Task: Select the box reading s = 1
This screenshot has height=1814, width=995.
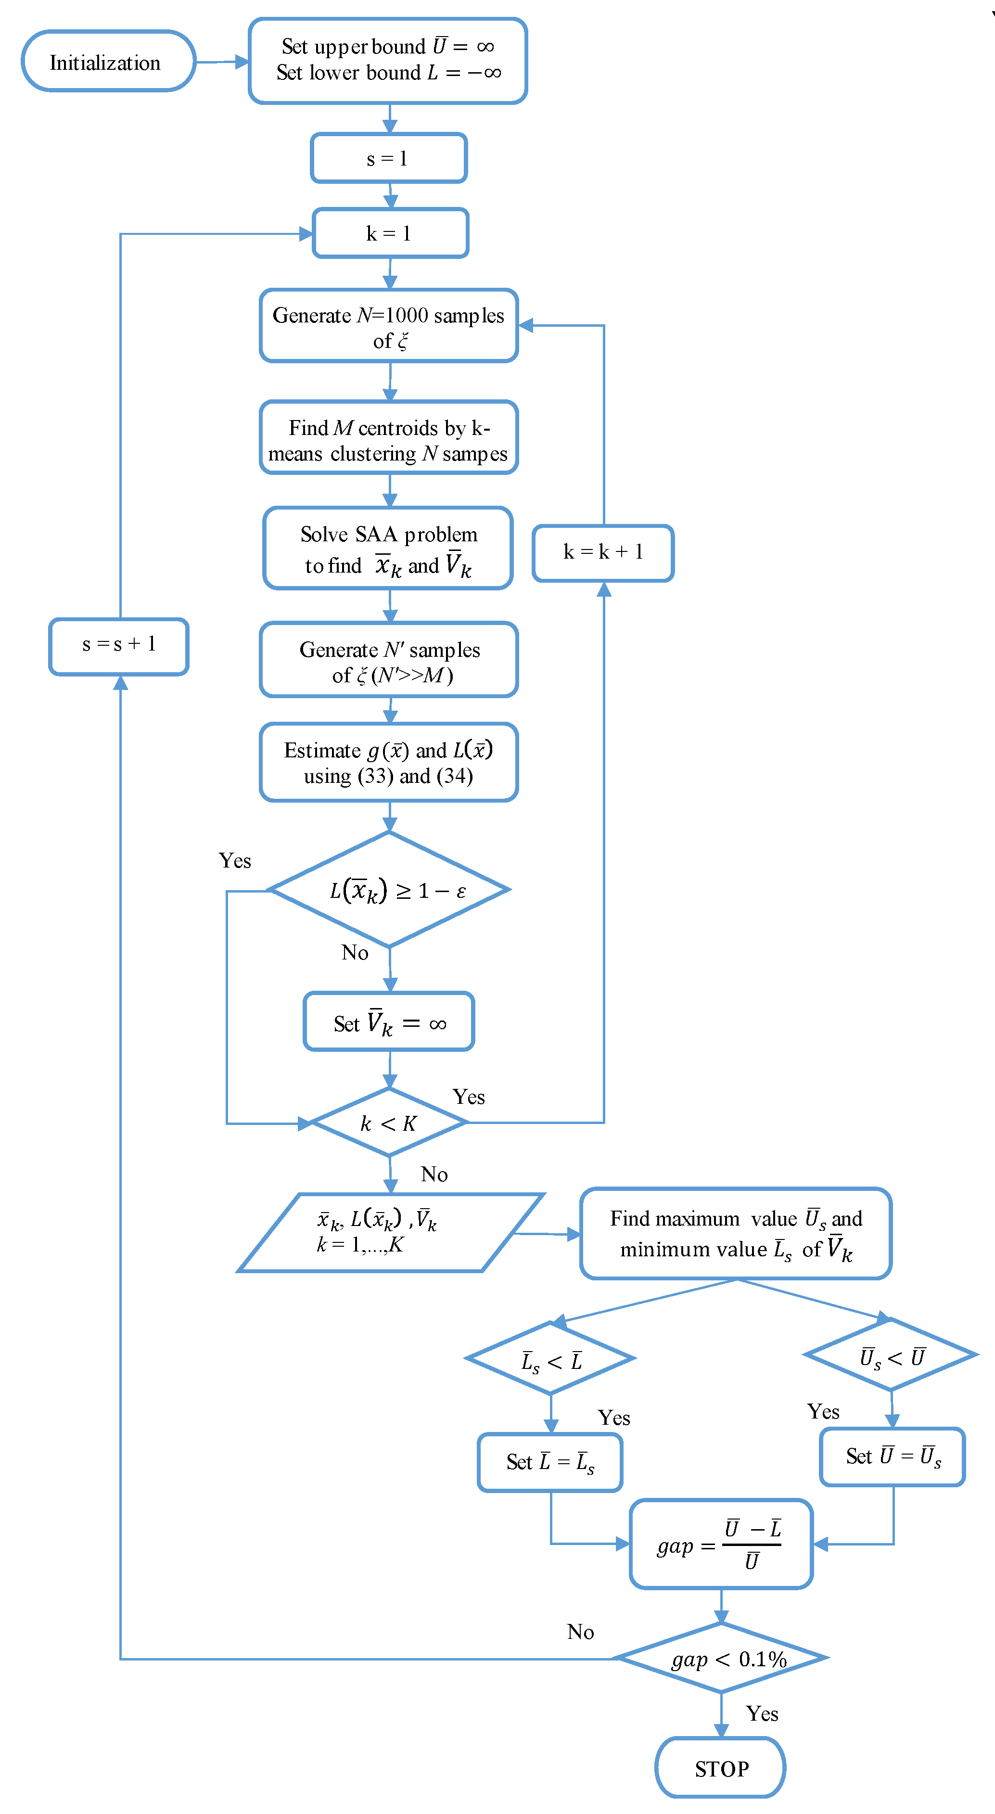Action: (389, 158)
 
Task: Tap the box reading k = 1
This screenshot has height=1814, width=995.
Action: (390, 233)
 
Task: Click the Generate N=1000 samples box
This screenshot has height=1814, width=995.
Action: (389, 326)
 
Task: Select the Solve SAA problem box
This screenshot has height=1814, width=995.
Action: (388, 549)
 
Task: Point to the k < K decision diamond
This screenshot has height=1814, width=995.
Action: (389, 1123)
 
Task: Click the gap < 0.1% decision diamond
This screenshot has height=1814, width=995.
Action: (721, 1659)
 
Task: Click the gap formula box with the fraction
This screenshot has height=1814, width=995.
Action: (721, 1544)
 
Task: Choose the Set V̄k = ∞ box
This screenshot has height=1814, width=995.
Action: (389, 1022)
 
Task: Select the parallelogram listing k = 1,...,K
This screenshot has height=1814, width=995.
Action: (389, 1232)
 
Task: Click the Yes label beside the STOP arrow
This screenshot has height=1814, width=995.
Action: (762, 1713)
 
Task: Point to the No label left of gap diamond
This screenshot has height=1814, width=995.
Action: (580, 1632)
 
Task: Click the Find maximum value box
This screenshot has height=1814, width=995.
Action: (736, 1233)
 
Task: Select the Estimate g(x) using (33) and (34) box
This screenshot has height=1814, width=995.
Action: (389, 763)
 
